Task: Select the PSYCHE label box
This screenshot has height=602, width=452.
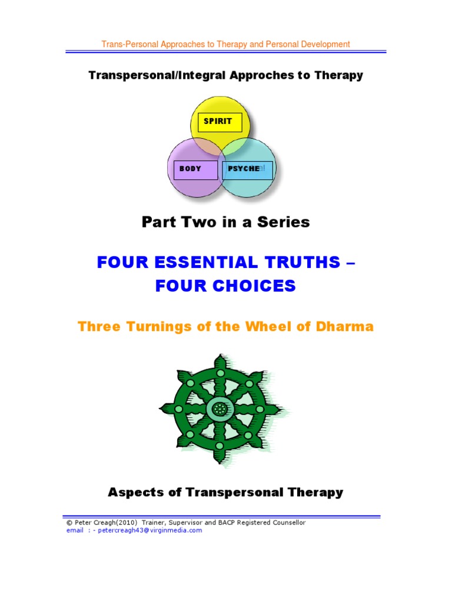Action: click(247, 169)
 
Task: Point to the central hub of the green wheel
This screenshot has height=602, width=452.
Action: click(220, 407)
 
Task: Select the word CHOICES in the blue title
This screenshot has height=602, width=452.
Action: click(260, 286)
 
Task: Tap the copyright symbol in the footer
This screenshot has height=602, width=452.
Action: click(69, 523)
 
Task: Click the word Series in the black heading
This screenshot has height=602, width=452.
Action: click(287, 222)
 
